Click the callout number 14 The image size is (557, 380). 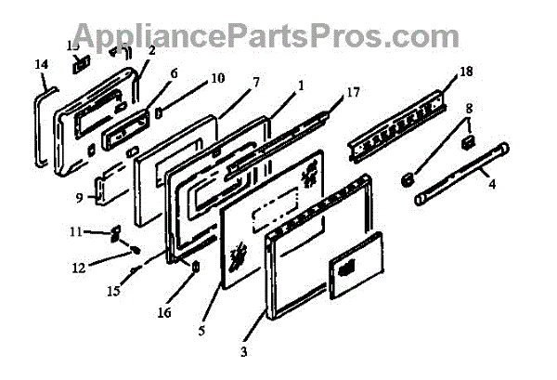coord(40,64)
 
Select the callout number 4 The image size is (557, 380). coord(492,184)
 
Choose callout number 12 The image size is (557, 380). coord(79,269)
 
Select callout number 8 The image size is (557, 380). coord(470,107)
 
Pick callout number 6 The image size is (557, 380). coord(174,72)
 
